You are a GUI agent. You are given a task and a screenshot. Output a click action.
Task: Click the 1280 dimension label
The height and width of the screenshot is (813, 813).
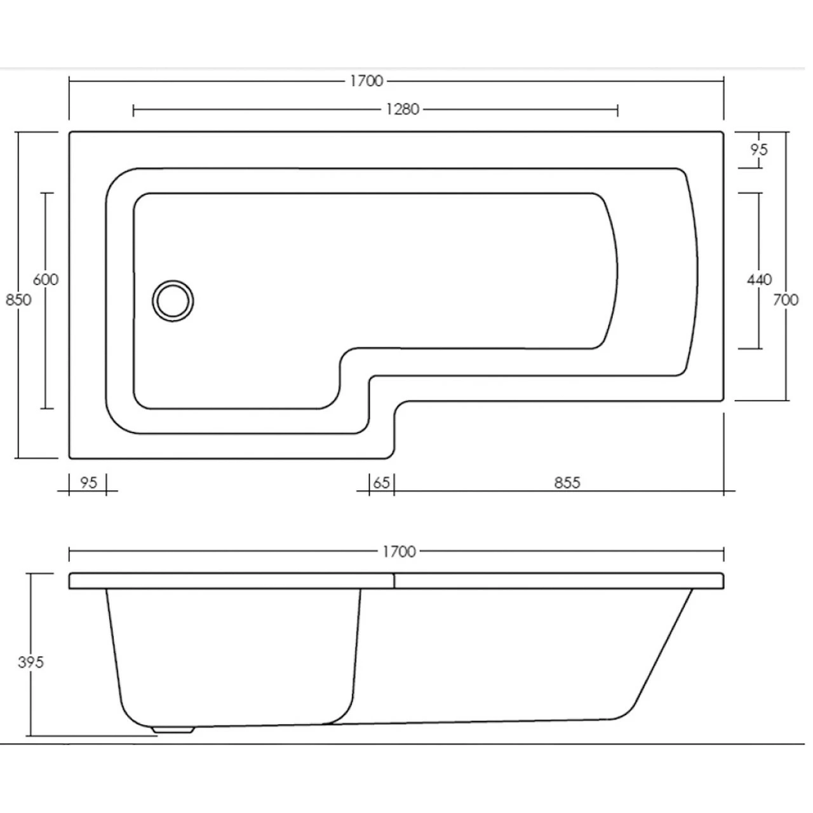coord(403,109)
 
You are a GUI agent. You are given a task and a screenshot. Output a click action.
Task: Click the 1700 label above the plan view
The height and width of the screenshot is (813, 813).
coord(366,81)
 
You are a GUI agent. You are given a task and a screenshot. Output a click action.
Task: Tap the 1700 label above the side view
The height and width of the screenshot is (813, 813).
coord(399,551)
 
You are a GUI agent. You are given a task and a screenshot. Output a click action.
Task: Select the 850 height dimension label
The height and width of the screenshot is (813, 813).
coord(18,299)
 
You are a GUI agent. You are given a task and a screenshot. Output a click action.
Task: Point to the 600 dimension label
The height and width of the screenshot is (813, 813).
coord(46,279)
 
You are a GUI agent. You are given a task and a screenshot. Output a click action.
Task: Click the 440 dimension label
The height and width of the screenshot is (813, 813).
coord(760,279)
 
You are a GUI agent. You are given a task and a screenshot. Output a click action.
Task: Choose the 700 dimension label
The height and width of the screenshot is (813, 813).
coord(786,299)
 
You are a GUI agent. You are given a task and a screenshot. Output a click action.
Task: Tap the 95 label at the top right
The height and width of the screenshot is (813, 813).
coord(759,150)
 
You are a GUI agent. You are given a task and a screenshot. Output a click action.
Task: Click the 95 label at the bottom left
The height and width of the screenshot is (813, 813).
coord(89,483)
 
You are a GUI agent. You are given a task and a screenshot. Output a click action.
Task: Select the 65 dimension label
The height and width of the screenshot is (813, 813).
coord(381,483)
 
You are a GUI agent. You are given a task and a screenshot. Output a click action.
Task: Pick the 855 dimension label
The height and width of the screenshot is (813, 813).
coord(567,483)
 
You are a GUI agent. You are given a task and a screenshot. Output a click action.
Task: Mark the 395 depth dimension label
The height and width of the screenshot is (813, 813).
coord(30,662)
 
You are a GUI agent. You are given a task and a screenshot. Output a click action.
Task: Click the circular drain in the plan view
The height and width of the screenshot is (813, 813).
coord(173,300)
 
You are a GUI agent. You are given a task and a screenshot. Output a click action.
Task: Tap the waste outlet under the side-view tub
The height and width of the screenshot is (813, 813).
coord(173,730)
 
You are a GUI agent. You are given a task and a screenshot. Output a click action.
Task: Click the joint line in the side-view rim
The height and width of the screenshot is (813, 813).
coord(394,581)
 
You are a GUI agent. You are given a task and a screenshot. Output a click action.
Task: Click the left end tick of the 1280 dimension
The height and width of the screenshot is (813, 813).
coord(133,110)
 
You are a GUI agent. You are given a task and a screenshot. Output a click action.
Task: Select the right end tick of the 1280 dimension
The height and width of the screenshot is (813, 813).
coord(617,110)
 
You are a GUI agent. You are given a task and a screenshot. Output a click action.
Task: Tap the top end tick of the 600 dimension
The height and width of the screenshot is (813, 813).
coord(46,192)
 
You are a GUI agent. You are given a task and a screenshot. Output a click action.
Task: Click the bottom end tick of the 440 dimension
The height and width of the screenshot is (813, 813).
coord(751,348)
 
